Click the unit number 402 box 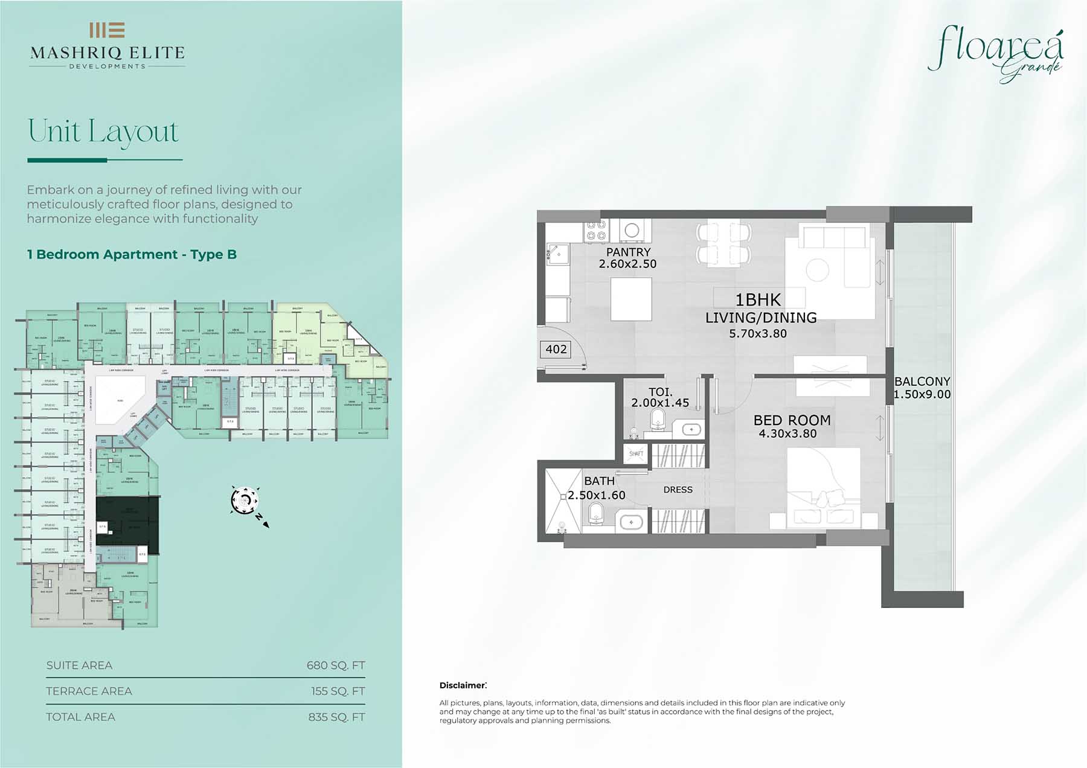tap(556, 349)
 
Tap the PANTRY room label tap(628, 252)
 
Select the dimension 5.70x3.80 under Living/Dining tap(757, 333)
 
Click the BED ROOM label tap(792, 420)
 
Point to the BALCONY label tap(922, 382)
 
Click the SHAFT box tap(636, 453)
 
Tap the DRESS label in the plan tap(678, 490)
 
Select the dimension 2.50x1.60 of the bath tap(597, 495)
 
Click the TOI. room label tap(660, 392)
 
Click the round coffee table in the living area tap(817, 269)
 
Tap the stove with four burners tap(596, 230)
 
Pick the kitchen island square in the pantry tap(631, 299)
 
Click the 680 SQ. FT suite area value tap(336, 665)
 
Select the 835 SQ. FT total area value tap(336, 717)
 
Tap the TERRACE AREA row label tap(89, 691)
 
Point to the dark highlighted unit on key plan tap(127, 524)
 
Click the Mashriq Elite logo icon tap(107, 30)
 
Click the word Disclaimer tap(462, 685)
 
